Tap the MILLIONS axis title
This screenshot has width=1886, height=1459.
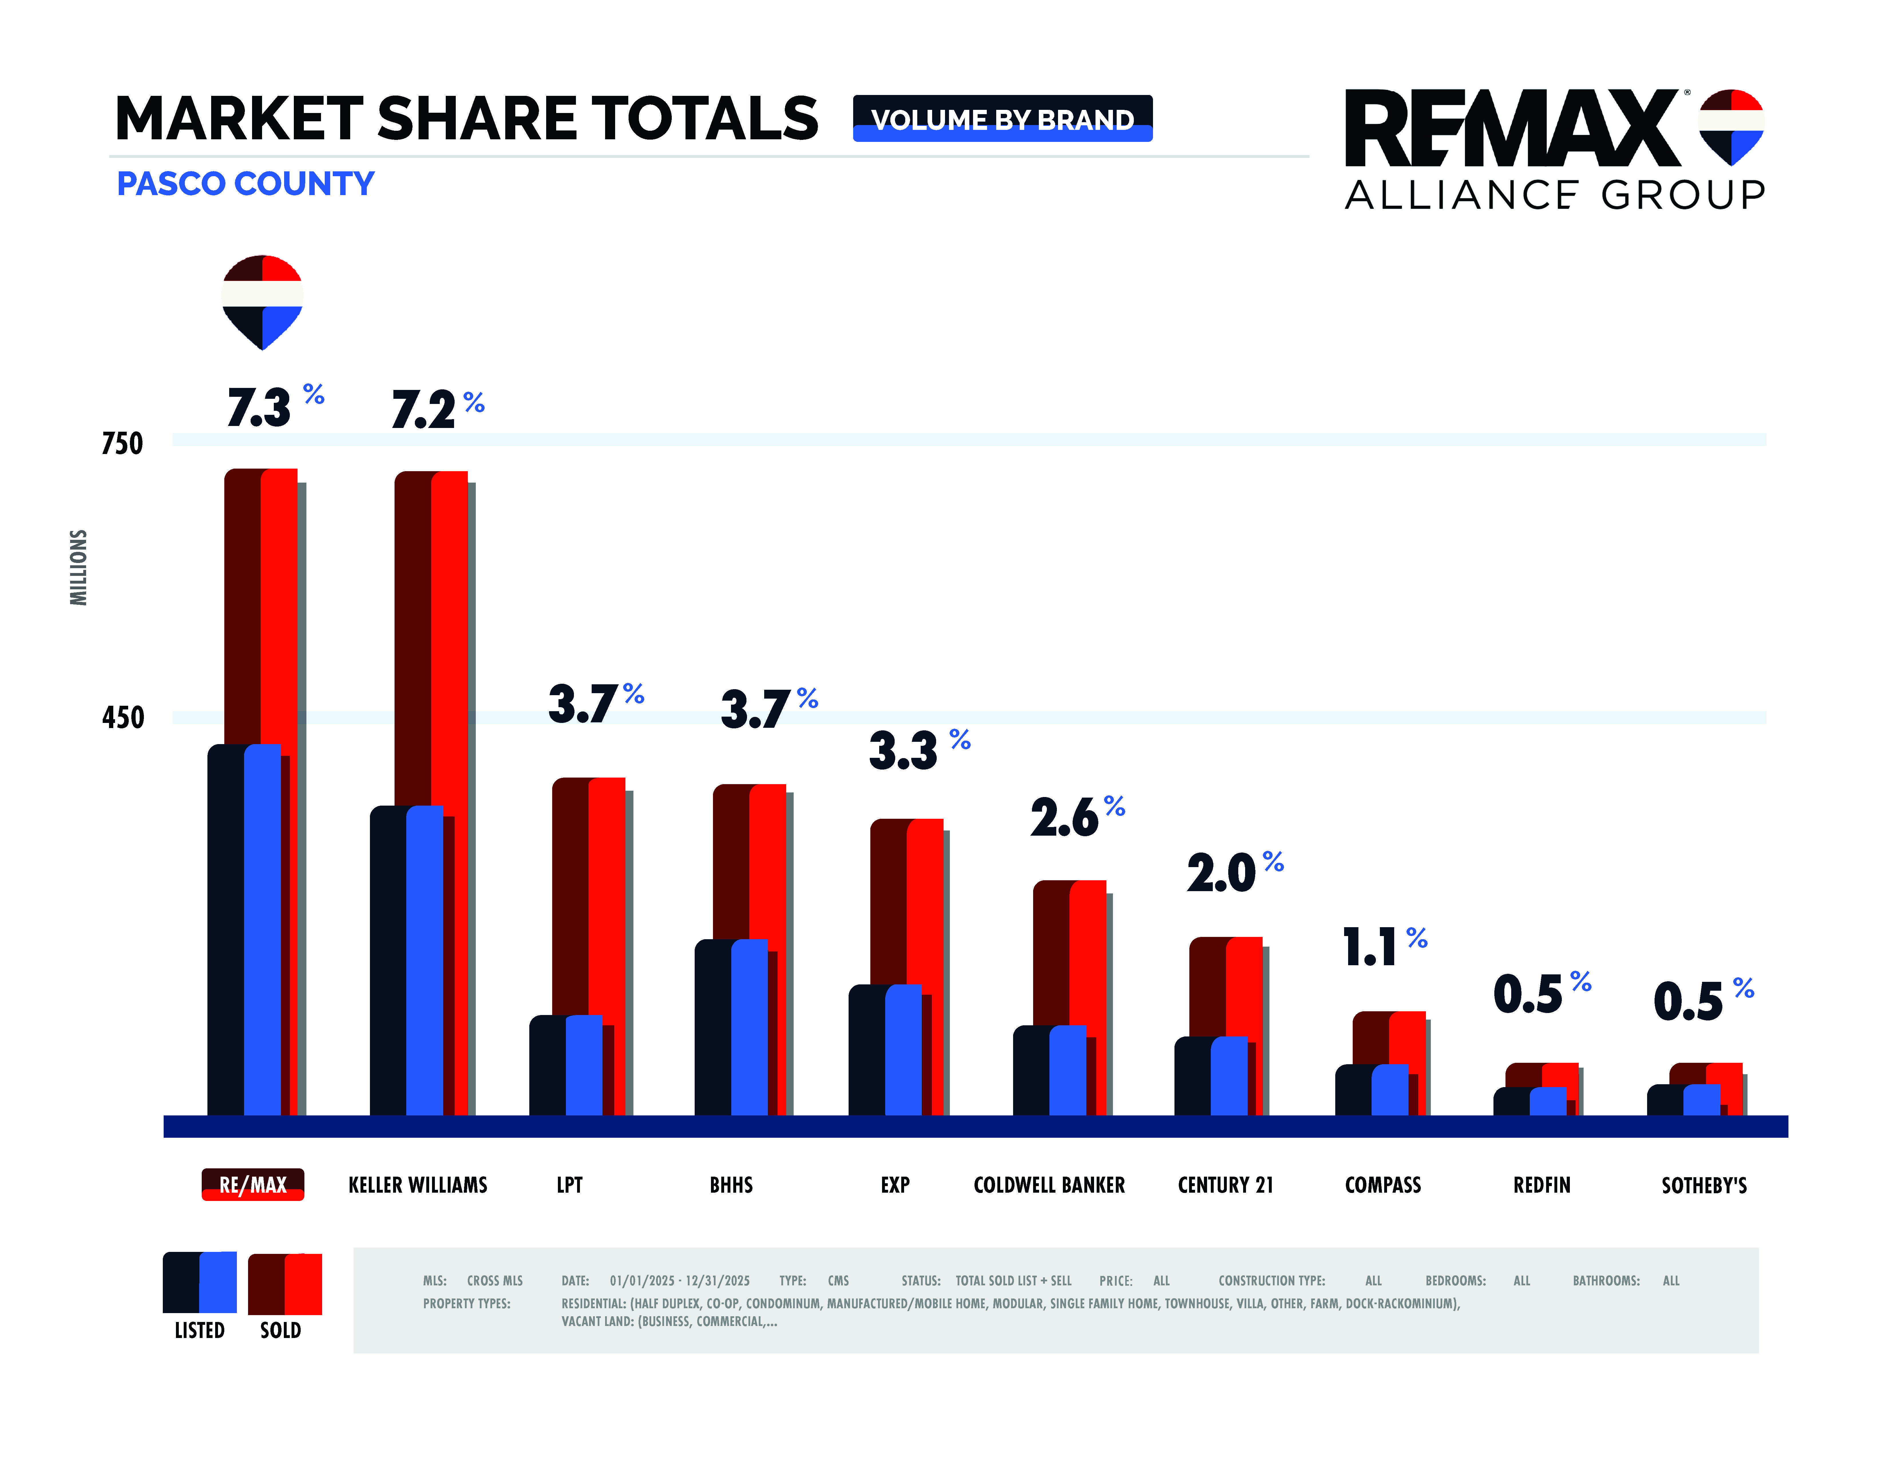[x=79, y=567]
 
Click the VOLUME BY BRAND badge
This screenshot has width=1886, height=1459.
[x=1002, y=118]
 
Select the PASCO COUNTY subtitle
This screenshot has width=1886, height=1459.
[x=245, y=184]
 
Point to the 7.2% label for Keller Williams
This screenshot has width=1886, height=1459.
[x=437, y=409]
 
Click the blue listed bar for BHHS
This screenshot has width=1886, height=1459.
[x=749, y=1027]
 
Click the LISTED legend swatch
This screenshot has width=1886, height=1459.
[x=199, y=1282]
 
